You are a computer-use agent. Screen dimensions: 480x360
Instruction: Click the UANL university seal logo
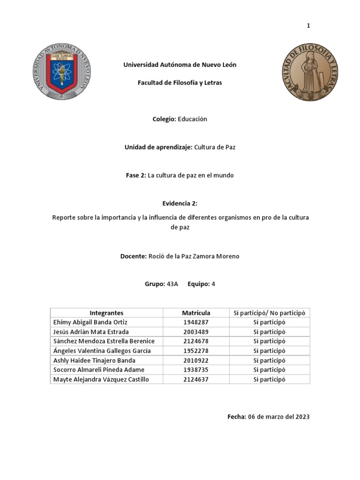62,71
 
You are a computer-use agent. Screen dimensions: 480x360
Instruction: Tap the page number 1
308,26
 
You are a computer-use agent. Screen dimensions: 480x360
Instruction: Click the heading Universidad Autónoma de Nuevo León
180,65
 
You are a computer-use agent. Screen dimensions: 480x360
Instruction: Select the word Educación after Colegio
192,119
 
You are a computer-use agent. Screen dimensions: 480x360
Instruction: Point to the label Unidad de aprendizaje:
158,147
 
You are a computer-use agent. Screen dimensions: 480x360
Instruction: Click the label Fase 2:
136,175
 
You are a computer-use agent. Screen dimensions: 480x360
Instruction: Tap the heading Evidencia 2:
180,203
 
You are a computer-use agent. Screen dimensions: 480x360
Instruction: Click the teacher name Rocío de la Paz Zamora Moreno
194,256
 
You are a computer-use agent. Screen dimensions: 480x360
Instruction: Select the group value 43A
172,284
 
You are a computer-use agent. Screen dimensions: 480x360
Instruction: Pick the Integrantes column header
106,313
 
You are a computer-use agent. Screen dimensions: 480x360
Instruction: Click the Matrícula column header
196,313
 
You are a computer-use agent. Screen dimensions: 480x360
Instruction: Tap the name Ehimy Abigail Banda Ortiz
90,322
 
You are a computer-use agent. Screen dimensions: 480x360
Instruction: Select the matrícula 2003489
196,332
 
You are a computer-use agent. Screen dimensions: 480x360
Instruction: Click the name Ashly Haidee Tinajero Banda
94,360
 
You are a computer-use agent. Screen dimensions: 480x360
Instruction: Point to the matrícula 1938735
196,370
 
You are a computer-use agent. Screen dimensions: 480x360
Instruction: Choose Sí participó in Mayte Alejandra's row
269,379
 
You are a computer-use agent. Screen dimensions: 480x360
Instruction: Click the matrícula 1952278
196,351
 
